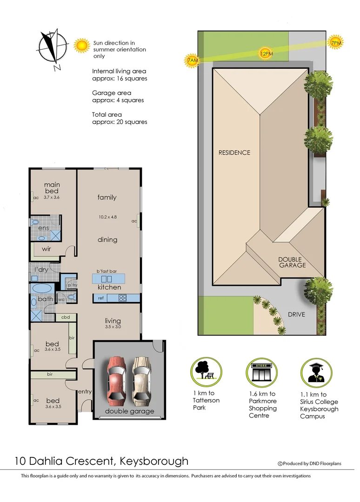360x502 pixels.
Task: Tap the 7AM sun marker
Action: [192, 61]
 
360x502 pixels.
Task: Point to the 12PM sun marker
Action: [266, 53]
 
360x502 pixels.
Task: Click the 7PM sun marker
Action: [336, 42]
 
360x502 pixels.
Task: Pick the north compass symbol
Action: [52, 47]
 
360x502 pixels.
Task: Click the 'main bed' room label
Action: [52, 188]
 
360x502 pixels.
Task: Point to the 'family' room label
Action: [107, 197]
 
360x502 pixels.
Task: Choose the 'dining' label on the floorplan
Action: [107, 240]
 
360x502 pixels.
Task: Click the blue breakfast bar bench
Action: [109, 279]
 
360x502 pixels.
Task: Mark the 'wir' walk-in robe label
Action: [47, 249]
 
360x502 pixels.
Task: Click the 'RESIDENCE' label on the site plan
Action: [234, 152]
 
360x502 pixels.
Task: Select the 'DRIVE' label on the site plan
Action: [296, 315]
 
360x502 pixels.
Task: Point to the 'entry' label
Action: [85, 392]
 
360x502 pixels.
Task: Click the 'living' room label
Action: [113, 321]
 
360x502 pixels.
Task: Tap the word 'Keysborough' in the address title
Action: [154, 461]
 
